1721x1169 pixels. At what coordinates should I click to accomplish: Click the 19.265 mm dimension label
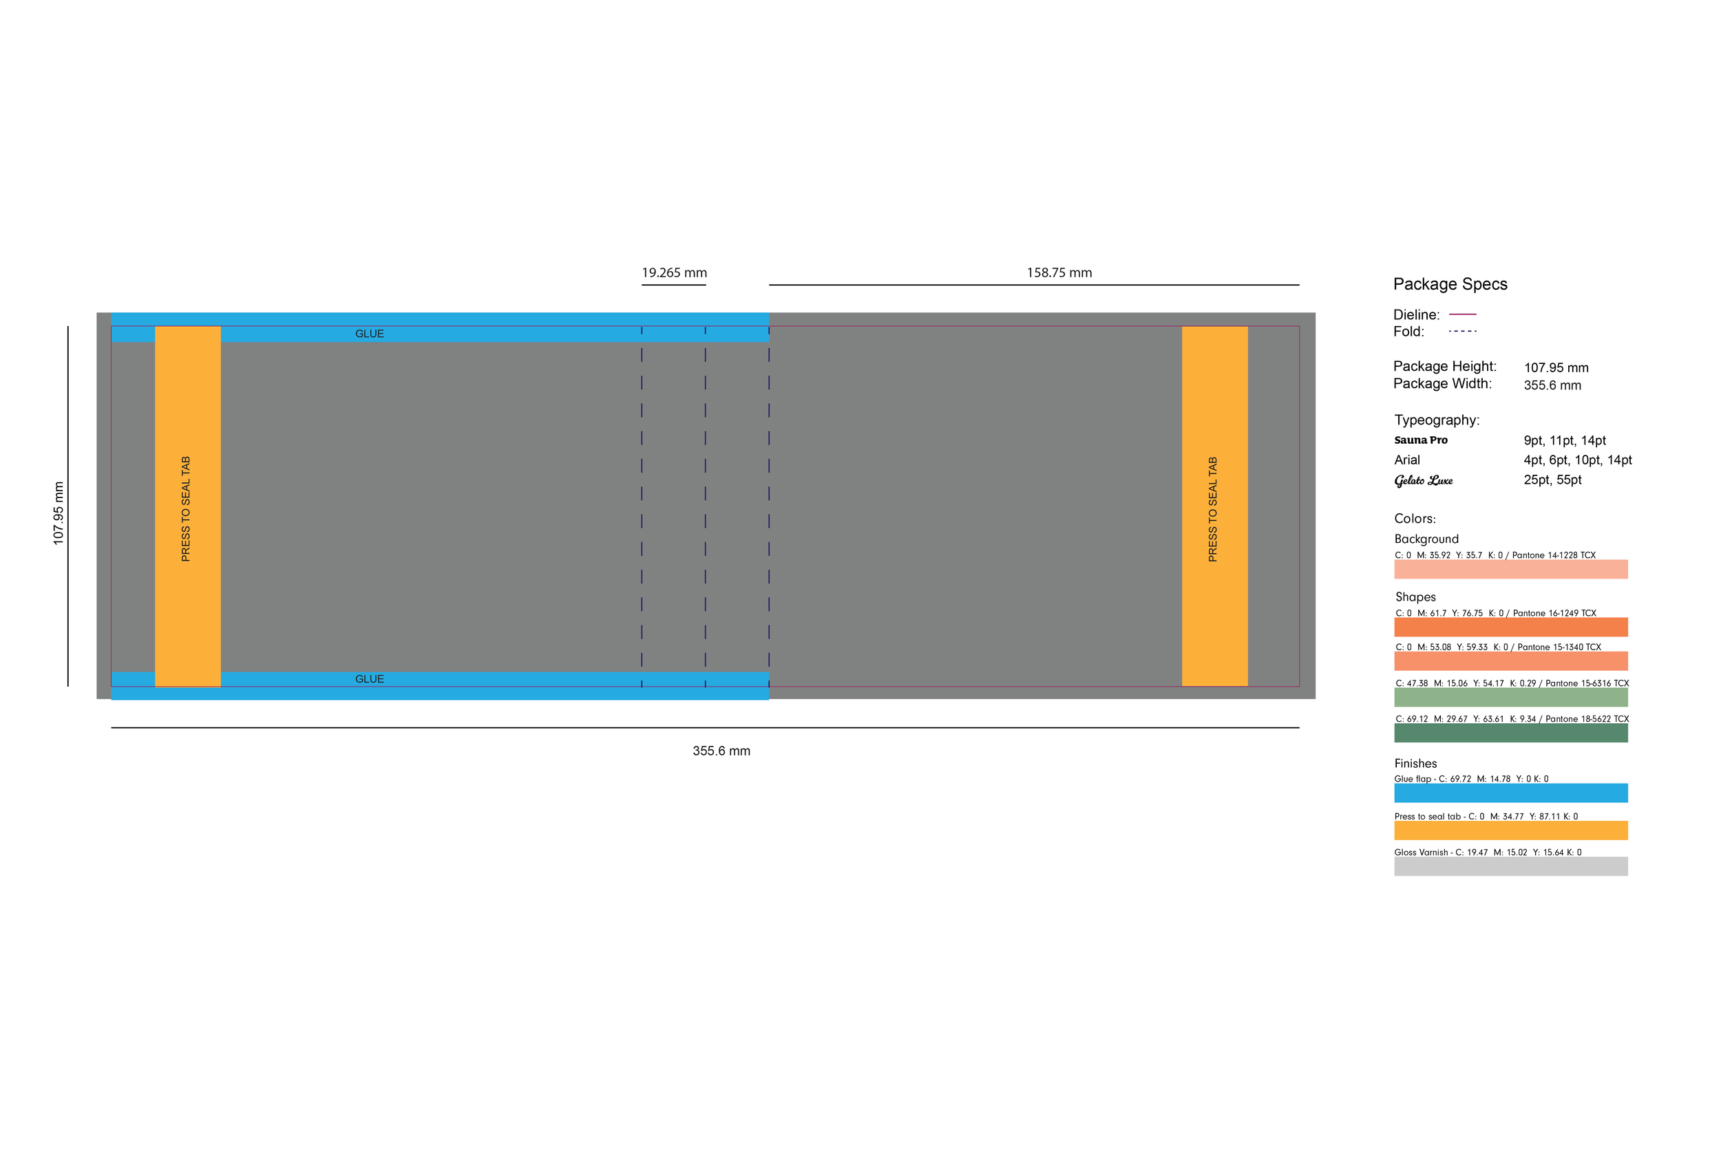click(x=674, y=273)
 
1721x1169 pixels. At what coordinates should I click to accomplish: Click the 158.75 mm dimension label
click(x=1059, y=273)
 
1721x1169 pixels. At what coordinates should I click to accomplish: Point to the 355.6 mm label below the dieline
click(x=721, y=751)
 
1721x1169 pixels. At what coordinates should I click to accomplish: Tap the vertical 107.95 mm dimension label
click(x=59, y=513)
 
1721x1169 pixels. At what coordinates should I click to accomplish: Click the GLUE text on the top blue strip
click(x=370, y=334)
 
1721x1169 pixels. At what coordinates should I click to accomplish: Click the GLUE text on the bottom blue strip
click(x=370, y=679)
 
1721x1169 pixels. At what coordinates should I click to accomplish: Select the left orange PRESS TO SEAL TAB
click(x=187, y=507)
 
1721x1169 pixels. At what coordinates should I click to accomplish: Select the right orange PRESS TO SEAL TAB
click(x=1214, y=507)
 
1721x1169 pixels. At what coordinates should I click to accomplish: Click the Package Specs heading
click(x=1449, y=284)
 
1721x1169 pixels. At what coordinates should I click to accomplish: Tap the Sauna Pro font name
click(x=1420, y=440)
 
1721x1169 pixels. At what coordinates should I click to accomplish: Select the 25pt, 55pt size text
click(x=1552, y=480)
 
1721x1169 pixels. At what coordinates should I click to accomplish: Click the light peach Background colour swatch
click(x=1510, y=569)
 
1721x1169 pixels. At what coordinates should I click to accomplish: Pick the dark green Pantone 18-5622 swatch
click(x=1510, y=733)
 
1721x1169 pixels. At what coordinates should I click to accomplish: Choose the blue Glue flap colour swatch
click(x=1510, y=793)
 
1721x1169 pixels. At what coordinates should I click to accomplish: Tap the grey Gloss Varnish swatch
click(x=1510, y=866)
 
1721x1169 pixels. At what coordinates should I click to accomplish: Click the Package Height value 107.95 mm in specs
click(x=1556, y=368)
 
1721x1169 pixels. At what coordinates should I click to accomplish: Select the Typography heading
click(x=1436, y=420)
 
